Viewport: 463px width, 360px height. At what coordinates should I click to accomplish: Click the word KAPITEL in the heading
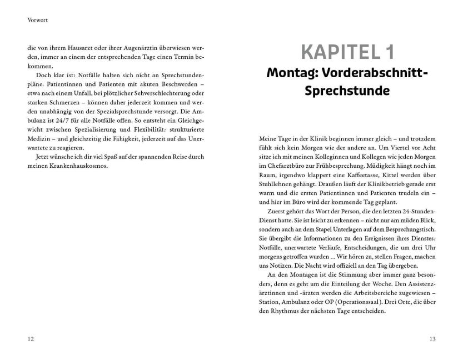click(337, 53)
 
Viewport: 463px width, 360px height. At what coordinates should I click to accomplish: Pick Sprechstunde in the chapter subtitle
click(346, 91)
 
